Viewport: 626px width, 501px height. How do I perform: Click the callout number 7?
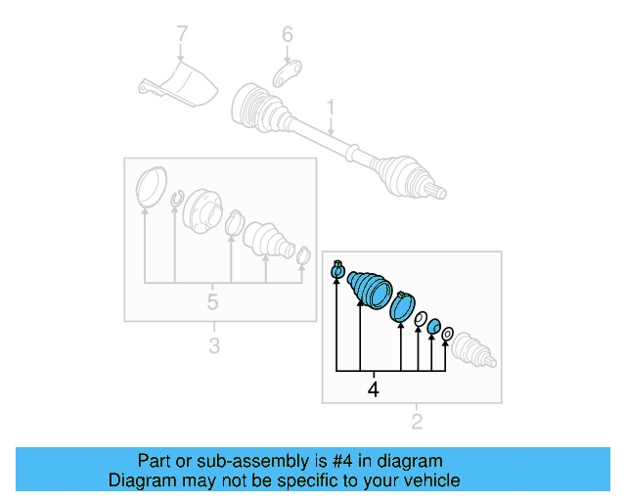[x=181, y=36]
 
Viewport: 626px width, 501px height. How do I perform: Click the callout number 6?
[x=287, y=35]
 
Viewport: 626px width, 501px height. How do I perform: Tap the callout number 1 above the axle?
[x=331, y=105]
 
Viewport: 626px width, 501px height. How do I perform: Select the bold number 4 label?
[x=372, y=390]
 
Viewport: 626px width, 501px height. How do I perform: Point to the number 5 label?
[x=212, y=301]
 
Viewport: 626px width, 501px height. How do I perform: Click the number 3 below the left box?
[x=214, y=344]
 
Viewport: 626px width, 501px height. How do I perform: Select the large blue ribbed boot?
[x=370, y=287]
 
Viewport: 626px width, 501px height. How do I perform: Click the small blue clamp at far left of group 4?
[x=338, y=269]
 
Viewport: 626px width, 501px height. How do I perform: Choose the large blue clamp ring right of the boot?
[x=402, y=306]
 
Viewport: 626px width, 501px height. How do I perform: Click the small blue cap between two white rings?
[x=433, y=325]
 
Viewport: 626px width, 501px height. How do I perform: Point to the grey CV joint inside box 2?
[x=474, y=348]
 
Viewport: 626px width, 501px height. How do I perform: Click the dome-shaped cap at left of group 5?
[x=149, y=188]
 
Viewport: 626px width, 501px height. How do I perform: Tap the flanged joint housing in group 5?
[x=203, y=208]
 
